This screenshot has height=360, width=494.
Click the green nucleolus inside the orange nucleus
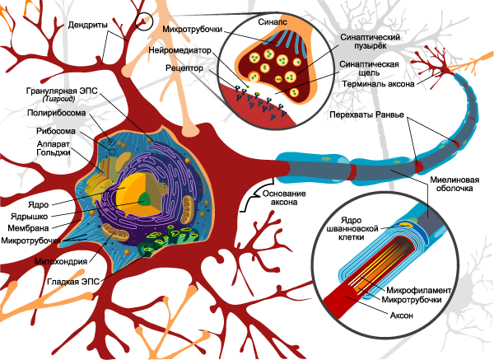tap(144, 198)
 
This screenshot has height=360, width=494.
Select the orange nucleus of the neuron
tap(132, 194)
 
